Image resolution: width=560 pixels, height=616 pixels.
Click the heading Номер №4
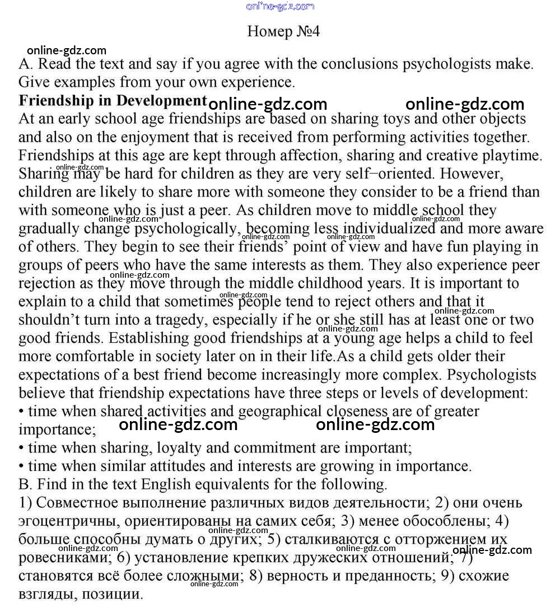tap(283, 31)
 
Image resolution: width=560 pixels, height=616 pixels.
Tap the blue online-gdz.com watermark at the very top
tap(280, 6)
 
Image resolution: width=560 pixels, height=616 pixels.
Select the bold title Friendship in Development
tap(113, 101)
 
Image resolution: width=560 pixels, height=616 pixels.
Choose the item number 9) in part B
tap(449, 576)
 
